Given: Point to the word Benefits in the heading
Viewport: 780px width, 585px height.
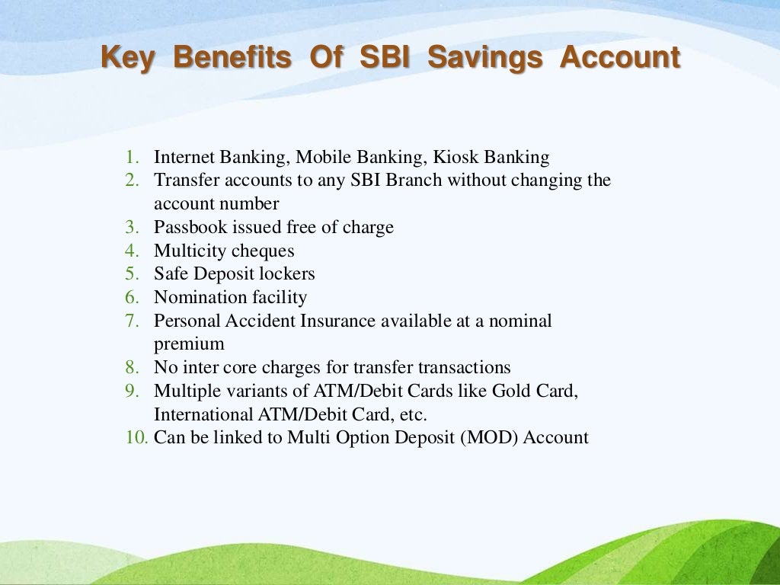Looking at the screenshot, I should [x=232, y=58].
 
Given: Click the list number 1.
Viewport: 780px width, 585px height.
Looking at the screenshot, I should [x=133, y=158].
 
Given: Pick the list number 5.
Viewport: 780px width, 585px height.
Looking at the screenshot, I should [x=133, y=273].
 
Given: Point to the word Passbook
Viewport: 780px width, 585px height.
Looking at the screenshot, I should [x=189, y=227].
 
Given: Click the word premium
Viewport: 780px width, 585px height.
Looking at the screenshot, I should [x=189, y=344].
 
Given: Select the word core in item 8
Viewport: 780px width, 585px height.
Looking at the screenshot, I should [x=242, y=367].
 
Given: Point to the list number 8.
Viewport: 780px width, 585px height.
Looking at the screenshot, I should [x=133, y=367].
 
